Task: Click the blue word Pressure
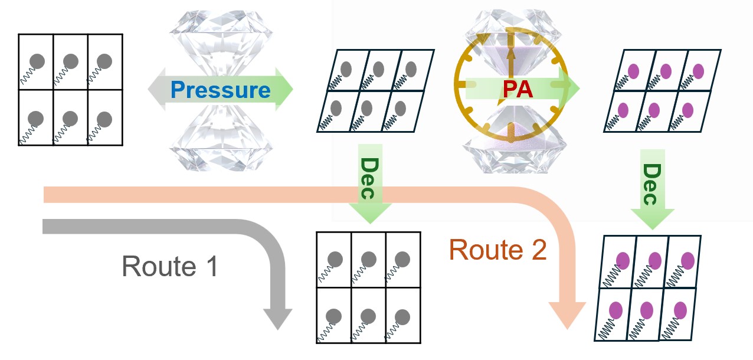[x=221, y=90]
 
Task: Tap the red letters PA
[x=518, y=89]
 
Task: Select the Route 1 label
[x=170, y=266]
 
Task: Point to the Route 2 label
[x=498, y=250]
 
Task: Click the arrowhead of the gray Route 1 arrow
[x=278, y=319]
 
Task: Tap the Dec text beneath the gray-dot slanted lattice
[x=369, y=178]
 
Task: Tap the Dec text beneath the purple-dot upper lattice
[x=652, y=184]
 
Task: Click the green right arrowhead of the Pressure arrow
[x=284, y=89]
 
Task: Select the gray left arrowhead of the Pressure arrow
[x=156, y=89]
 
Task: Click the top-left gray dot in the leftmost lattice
[x=37, y=61]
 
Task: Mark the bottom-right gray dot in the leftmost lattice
[x=104, y=119]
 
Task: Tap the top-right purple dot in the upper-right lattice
[x=698, y=71]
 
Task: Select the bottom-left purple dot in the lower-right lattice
[x=616, y=310]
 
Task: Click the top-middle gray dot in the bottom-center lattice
[x=369, y=259]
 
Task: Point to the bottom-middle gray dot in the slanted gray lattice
[x=366, y=108]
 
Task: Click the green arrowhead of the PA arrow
[x=571, y=88]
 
